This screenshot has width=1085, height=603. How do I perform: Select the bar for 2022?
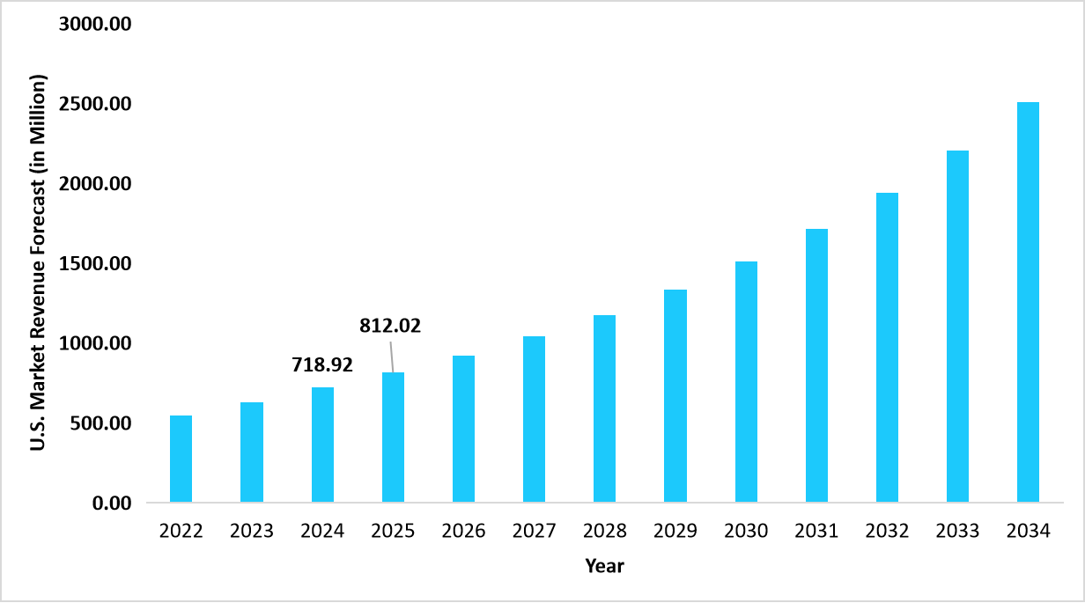pos(181,459)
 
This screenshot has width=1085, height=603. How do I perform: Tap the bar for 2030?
pos(746,382)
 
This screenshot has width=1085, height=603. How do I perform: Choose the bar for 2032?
pos(887,348)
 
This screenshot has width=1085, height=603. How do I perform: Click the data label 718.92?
pos(322,364)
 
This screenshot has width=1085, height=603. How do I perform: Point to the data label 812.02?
pos(390,326)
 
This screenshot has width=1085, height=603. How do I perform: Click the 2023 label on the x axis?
pos(252,532)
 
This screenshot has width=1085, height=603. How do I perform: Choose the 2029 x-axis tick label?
pos(675,532)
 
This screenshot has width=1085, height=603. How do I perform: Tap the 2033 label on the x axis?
pos(957,532)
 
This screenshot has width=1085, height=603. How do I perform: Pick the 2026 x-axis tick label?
pos(463,532)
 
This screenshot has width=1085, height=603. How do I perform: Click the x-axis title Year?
pos(604,566)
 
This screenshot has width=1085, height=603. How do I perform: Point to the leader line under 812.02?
pos(391,356)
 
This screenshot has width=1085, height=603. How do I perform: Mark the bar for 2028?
pos(604,408)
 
